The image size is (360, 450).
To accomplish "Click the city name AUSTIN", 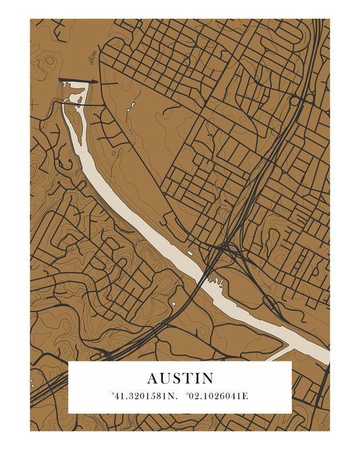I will (180, 378).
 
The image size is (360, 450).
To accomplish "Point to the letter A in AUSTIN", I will (152, 378).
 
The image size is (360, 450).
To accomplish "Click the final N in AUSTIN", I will (207, 378).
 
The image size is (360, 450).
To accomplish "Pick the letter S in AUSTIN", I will (174, 378).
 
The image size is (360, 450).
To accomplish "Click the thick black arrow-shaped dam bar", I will (78, 81).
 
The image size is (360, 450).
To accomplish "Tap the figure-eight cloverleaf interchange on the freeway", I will (302, 100).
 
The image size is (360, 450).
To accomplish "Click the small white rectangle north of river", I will (189, 253).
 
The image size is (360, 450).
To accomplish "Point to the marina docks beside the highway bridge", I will (215, 278).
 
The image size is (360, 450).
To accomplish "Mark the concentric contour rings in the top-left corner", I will (49, 61).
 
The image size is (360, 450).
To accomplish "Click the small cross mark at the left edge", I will (33, 103).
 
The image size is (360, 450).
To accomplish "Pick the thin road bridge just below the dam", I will (84, 105).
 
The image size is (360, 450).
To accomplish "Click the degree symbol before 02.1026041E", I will (186, 393).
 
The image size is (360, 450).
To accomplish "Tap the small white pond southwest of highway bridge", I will (174, 303).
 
